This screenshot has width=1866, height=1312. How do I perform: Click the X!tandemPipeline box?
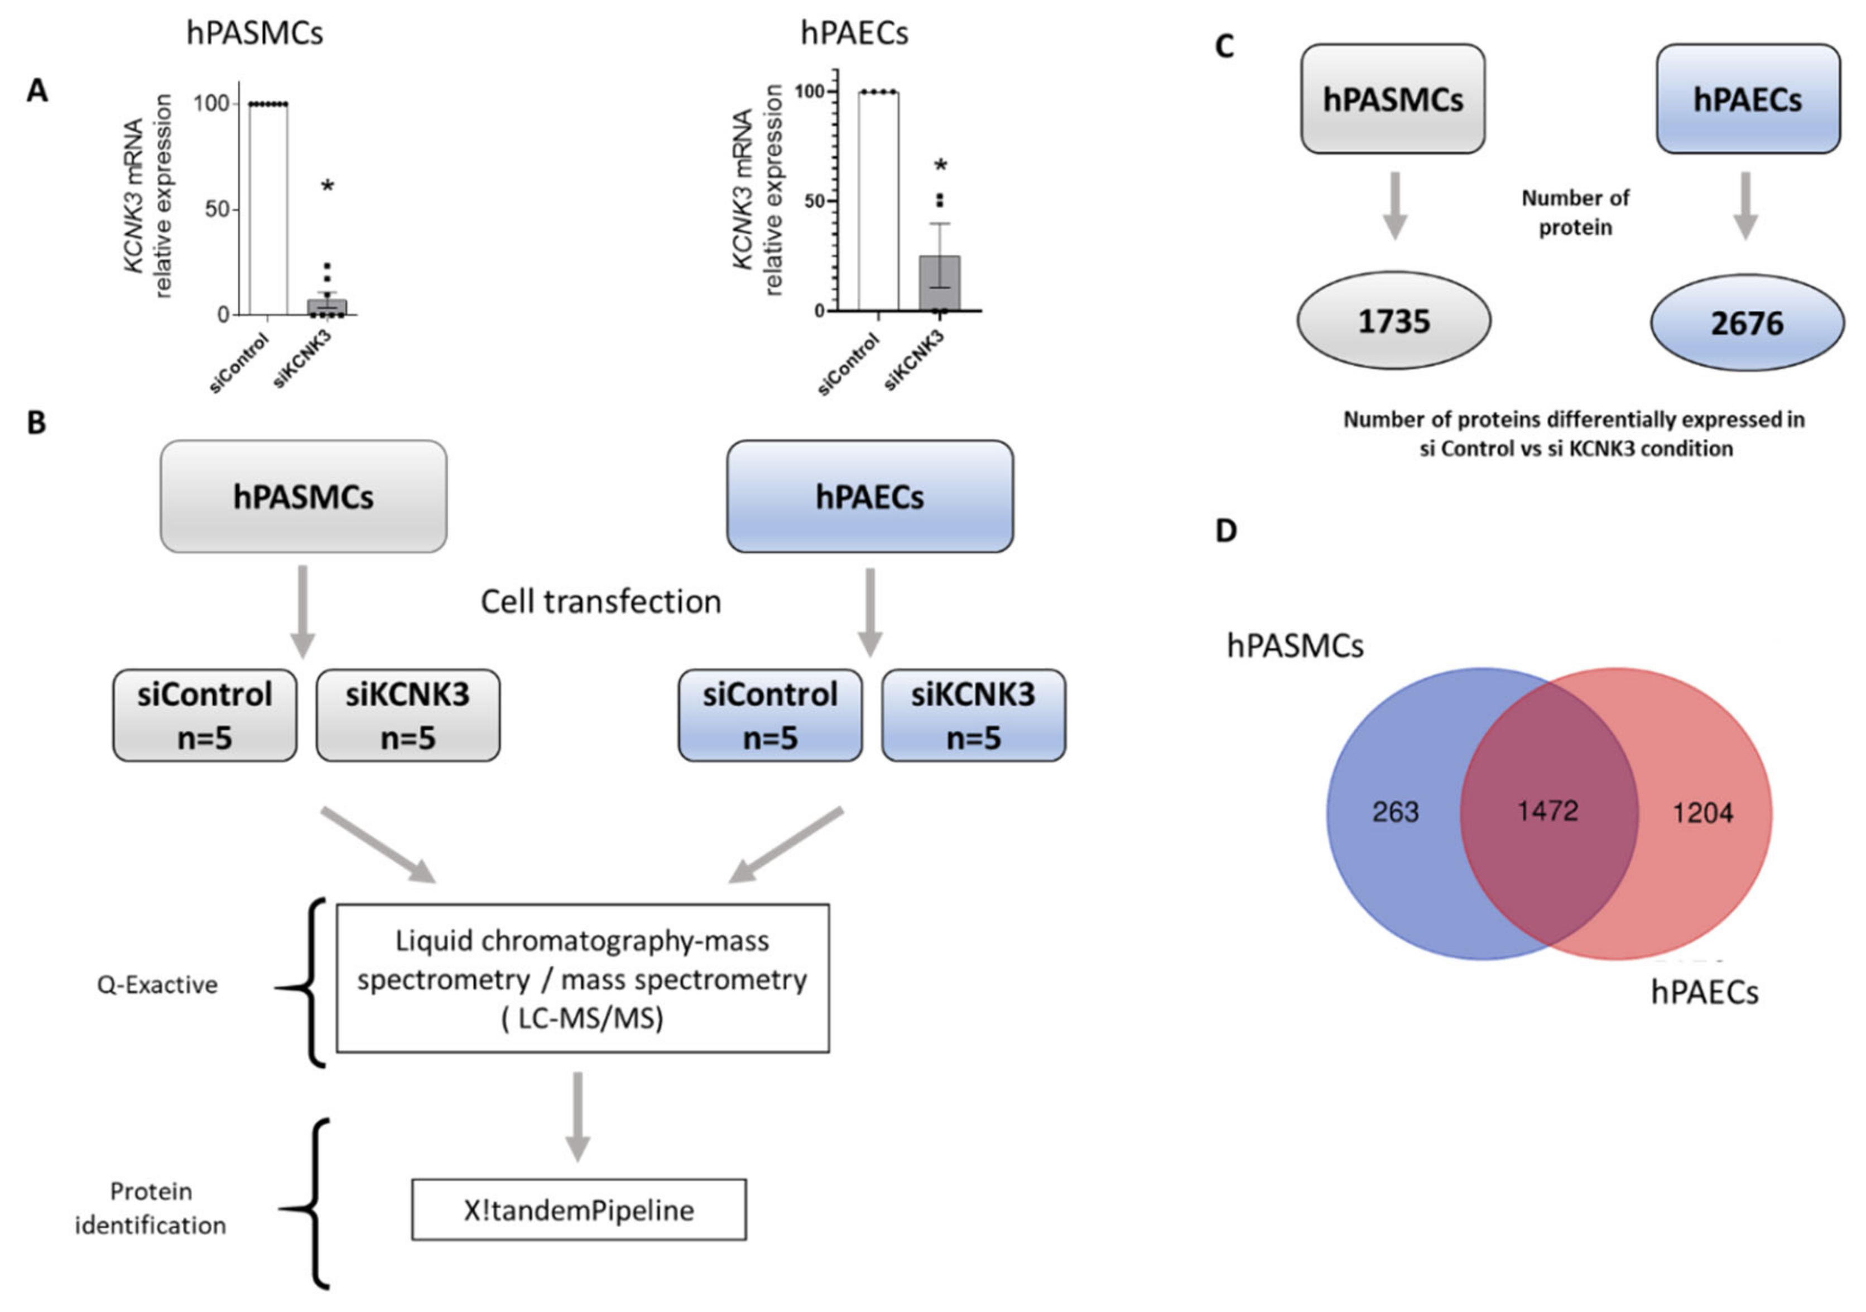tap(579, 1210)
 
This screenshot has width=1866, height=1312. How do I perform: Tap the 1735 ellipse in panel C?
tap(1394, 321)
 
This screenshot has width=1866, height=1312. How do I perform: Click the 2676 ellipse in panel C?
tap(1747, 322)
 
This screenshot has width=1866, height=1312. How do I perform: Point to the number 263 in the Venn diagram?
tap(1396, 812)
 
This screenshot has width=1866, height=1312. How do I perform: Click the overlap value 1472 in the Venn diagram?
tap(1547, 811)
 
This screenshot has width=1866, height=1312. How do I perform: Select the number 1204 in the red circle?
tap(1703, 812)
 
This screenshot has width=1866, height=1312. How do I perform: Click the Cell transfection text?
tap(600, 602)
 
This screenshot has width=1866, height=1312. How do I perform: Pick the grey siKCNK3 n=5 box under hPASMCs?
tap(408, 716)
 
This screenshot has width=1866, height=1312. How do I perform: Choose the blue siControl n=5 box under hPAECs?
tap(770, 716)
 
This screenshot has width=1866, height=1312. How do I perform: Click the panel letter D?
tap(1225, 531)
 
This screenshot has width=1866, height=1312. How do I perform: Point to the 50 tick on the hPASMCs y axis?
tap(216, 210)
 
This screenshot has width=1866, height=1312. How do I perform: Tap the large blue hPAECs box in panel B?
tap(869, 496)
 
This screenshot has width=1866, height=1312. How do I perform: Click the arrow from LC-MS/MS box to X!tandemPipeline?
tap(578, 1116)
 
